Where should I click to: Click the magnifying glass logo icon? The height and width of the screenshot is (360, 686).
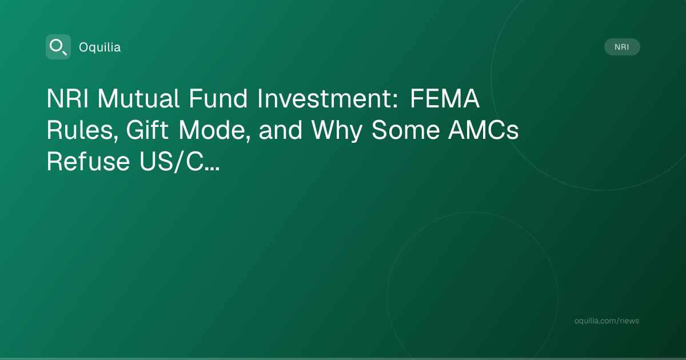pyautogui.click(x=58, y=47)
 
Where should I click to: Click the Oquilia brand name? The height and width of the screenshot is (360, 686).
pyautogui.click(x=100, y=47)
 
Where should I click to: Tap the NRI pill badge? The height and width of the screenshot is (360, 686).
pyautogui.click(x=622, y=47)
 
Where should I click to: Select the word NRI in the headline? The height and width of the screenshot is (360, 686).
pyautogui.click(x=67, y=98)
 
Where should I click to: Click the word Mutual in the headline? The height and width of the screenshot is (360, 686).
pyautogui.click(x=138, y=98)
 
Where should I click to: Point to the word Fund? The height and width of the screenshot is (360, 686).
pyautogui.click(x=218, y=98)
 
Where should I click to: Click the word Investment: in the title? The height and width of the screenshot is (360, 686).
pyautogui.click(x=328, y=98)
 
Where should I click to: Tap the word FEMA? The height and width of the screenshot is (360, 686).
pyautogui.click(x=445, y=98)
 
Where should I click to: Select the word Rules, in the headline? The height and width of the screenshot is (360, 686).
pyautogui.click(x=82, y=130)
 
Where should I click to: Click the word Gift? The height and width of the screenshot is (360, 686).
pyautogui.click(x=147, y=130)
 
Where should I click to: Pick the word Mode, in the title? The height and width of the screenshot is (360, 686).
pyautogui.click(x=214, y=130)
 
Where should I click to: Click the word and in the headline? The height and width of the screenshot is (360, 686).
pyautogui.click(x=281, y=130)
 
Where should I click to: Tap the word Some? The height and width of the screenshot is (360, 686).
pyautogui.click(x=406, y=130)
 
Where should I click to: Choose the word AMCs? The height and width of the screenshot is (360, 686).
pyautogui.click(x=484, y=130)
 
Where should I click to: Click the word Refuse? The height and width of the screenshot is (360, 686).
pyautogui.click(x=88, y=161)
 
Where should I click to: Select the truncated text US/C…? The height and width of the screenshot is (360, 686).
pyautogui.click(x=180, y=162)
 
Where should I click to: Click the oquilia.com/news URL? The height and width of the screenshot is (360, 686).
pyautogui.click(x=607, y=321)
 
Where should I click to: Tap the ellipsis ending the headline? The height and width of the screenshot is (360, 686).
pyautogui.click(x=213, y=169)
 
